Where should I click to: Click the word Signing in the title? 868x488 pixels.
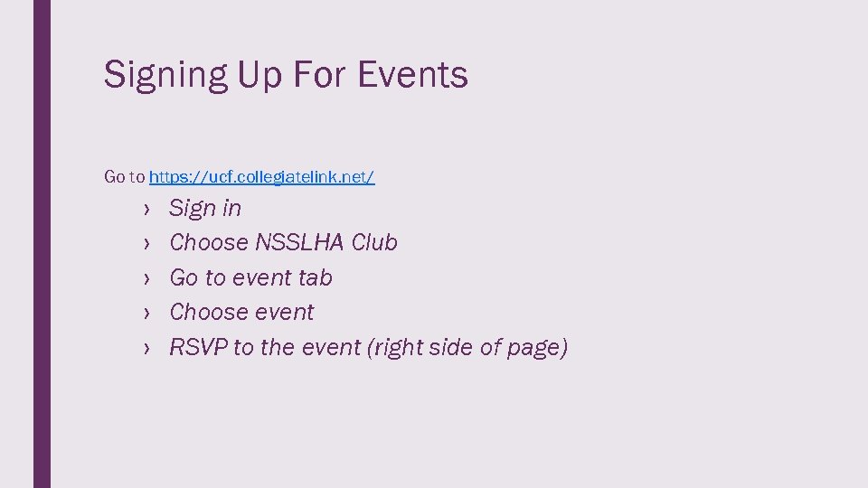click(x=165, y=75)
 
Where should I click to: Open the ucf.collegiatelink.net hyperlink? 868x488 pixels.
click(x=261, y=177)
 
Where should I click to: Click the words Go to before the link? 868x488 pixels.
click(x=125, y=177)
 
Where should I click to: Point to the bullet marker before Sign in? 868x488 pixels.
click(x=145, y=210)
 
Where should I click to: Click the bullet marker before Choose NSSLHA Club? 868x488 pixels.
click(x=145, y=244)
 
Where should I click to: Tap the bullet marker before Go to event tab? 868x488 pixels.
click(x=145, y=278)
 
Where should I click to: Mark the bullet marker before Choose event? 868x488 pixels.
click(x=145, y=314)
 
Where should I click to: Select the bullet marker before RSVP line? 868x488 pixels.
click(x=145, y=348)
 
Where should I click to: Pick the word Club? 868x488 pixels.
click(x=374, y=243)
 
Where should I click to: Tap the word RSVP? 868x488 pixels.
click(x=198, y=347)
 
